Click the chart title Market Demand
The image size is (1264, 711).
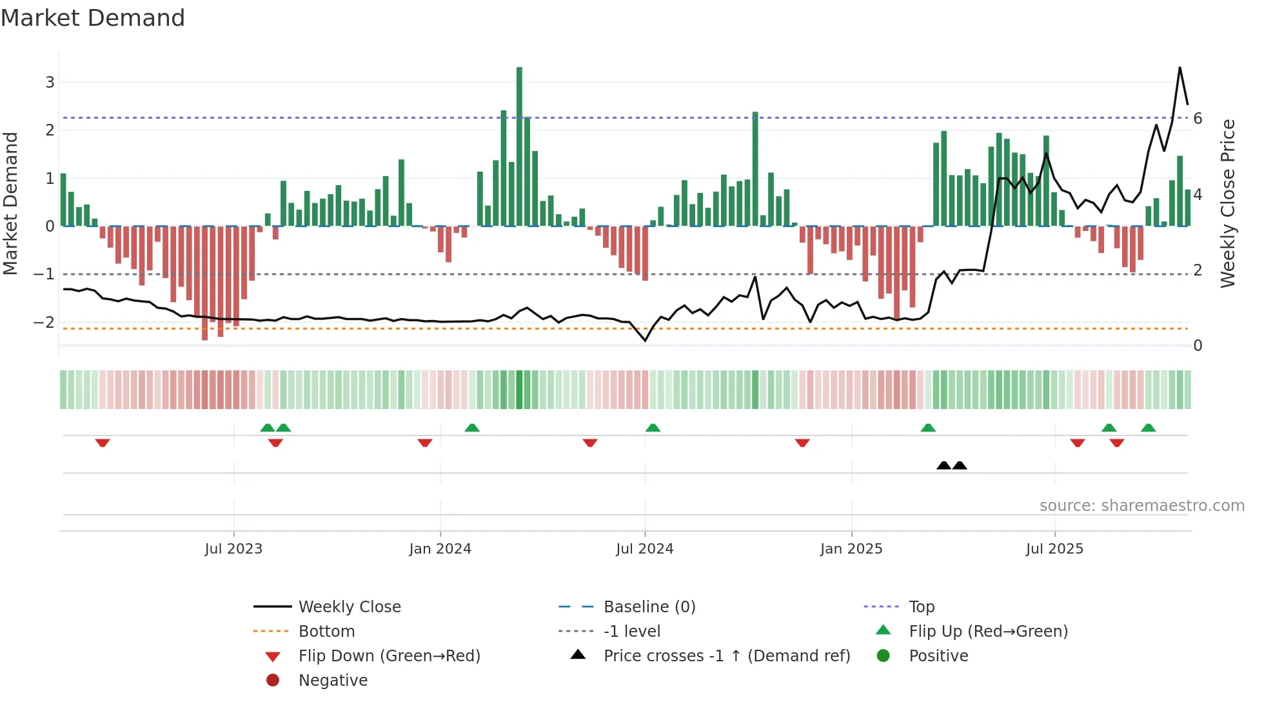point(93,18)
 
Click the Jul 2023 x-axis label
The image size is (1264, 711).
point(233,549)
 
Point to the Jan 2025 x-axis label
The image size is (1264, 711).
point(851,549)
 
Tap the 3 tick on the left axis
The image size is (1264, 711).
point(50,83)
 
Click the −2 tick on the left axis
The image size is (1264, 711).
point(44,322)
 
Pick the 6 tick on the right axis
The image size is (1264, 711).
point(1198,119)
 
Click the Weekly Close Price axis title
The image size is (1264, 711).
point(1228,203)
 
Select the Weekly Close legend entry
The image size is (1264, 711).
point(349,607)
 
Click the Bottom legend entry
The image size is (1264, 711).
point(326,632)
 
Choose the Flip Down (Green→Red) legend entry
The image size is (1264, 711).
point(389,656)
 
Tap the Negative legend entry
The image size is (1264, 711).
point(333,681)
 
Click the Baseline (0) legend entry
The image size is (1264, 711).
point(649,607)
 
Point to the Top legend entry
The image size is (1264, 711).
point(922,607)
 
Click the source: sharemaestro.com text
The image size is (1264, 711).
point(1141,506)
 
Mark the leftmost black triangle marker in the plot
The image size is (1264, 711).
point(943,465)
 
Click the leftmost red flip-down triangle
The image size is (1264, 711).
point(103,443)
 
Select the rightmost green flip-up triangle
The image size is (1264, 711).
point(1148,428)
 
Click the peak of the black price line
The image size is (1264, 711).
point(1180,68)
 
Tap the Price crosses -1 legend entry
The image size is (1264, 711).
point(726,656)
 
